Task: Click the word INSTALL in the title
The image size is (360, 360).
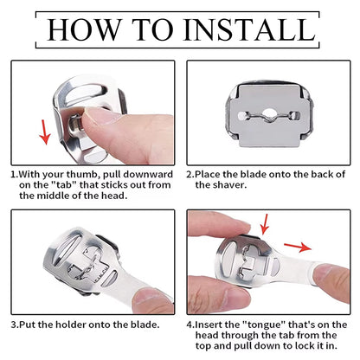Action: (249, 29)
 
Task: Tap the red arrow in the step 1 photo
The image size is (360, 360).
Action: (44, 132)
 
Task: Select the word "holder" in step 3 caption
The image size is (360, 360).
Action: (71, 325)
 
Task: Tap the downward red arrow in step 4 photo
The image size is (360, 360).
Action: (264, 224)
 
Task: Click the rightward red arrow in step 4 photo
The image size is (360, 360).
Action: (298, 247)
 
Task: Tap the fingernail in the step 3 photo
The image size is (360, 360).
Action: (150, 296)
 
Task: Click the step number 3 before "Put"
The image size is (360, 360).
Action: (14, 325)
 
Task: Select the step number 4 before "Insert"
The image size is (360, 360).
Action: (190, 325)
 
